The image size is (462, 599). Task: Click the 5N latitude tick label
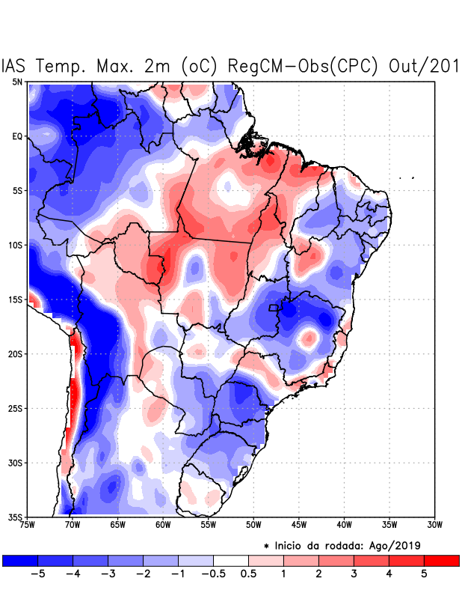click(x=16, y=82)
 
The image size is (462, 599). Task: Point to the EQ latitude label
click(x=16, y=136)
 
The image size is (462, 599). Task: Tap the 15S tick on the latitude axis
click(x=15, y=299)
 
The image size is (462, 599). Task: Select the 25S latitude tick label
click(x=15, y=408)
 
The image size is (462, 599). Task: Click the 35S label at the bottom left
click(x=15, y=517)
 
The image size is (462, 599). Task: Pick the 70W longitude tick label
click(x=72, y=524)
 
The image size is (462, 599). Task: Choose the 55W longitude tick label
click(x=208, y=524)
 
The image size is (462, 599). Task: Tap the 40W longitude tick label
click(x=344, y=524)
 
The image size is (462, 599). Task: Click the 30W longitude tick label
click(x=434, y=524)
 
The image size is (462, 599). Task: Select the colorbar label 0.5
click(x=248, y=574)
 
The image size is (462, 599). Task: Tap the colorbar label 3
click(x=354, y=574)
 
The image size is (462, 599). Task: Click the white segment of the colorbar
click(x=231, y=560)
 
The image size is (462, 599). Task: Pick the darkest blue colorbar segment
click(x=20, y=560)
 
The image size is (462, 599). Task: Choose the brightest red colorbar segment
click(x=441, y=560)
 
